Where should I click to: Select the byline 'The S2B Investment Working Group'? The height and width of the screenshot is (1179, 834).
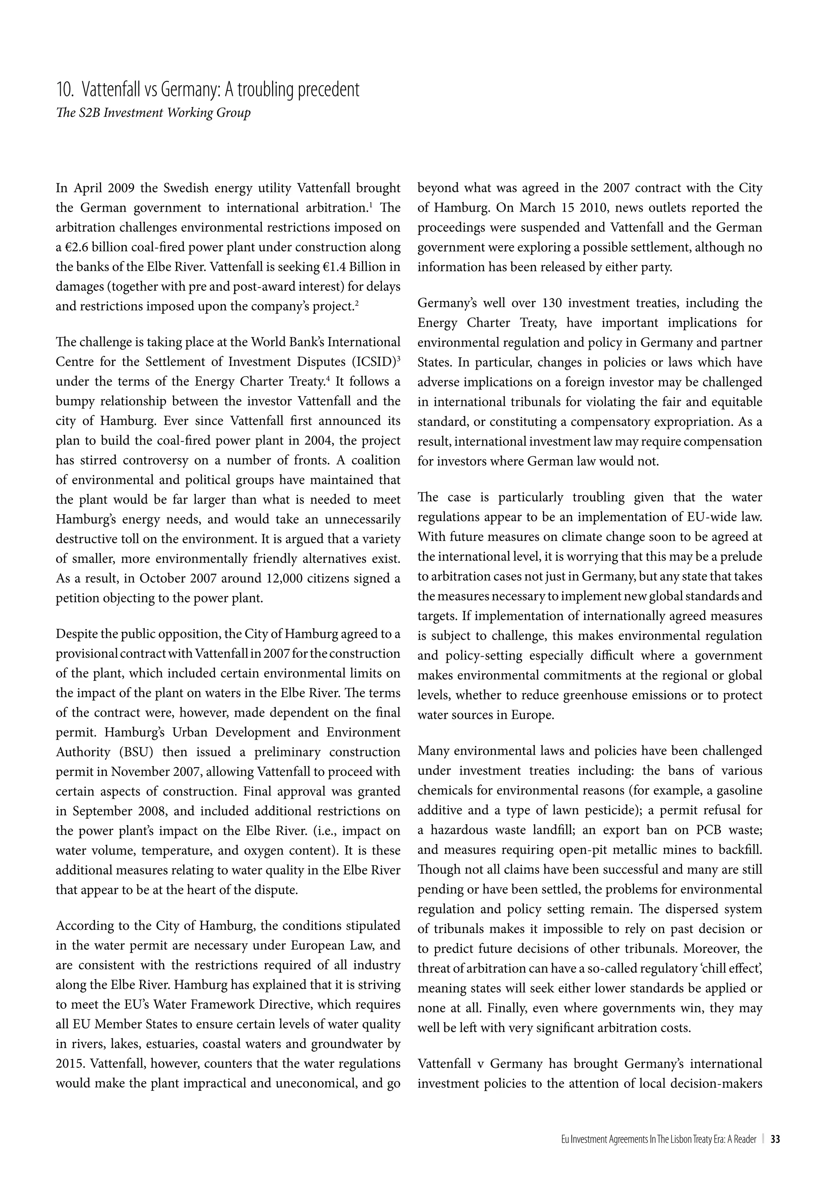click(153, 113)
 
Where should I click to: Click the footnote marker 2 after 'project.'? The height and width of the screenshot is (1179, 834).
click(356, 303)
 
